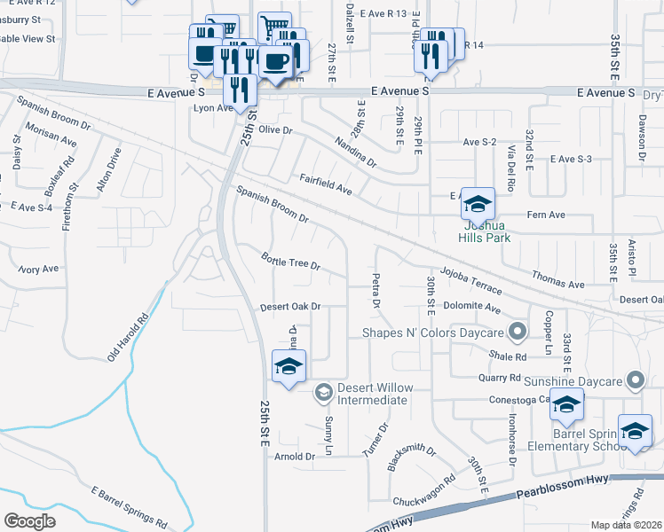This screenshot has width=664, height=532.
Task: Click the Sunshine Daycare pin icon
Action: point(635,381)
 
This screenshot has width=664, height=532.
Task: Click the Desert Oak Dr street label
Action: point(289,307)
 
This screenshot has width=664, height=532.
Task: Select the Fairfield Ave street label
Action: point(326,184)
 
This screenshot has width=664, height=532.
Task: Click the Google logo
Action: point(29,520)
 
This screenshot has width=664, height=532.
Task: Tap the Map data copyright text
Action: point(627,525)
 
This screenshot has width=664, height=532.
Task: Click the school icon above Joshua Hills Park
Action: point(478,205)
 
